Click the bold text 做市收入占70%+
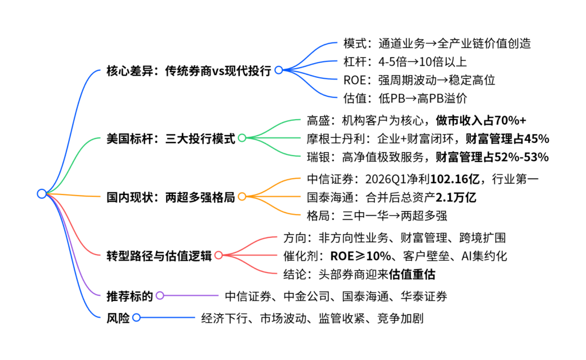pos(481,120)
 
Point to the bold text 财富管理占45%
pos(507,139)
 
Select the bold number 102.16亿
pos(455,179)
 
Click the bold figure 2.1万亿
pos(456,197)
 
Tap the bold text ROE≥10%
pos(361,256)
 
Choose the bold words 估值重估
pos(412,274)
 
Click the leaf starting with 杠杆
pos(405,62)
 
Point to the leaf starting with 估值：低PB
pos(405,98)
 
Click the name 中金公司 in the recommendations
pos(307,296)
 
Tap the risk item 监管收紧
pos(342,318)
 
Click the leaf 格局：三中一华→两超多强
pos(377,216)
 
